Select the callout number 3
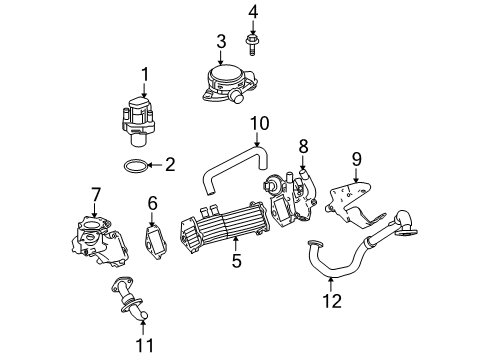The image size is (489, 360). [x=221, y=41]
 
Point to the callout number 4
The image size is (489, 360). [x=253, y=12]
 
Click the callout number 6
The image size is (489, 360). [x=153, y=203]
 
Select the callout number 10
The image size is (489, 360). [x=259, y=124]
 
